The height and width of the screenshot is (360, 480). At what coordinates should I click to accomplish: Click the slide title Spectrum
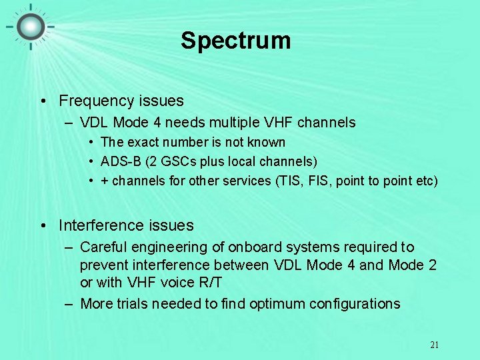tap(235, 41)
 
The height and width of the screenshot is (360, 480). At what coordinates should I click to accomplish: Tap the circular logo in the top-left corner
tap(31, 27)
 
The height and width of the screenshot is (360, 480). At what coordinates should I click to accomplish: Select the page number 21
tap(434, 345)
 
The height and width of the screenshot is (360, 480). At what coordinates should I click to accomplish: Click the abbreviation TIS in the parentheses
tap(300, 181)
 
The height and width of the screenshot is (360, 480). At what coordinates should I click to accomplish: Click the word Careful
tap(105, 247)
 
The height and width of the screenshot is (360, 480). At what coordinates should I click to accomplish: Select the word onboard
tap(253, 247)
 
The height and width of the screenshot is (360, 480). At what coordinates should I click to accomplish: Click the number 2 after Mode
tap(432, 265)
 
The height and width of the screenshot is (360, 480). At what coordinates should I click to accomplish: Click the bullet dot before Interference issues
tap(43, 226)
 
